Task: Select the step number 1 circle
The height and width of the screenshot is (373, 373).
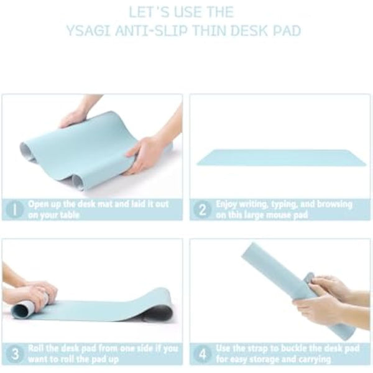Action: coord(14,209)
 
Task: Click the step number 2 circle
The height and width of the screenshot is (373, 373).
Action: coord(201,209)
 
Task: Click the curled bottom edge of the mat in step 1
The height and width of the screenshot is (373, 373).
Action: coord(81,182)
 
